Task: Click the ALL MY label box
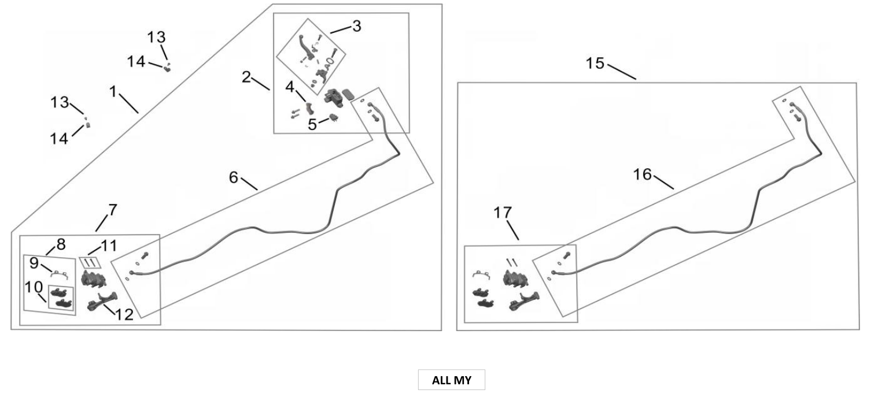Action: (451, 380)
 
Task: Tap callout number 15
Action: (595, 63)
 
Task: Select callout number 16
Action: (643, 174)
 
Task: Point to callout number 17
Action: (503, 213)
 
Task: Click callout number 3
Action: (356, 26)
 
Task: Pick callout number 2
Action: (246, 77)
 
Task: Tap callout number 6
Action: (234, 177)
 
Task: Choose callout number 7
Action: (112, 210)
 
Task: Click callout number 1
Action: (113, 92)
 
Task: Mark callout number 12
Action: (124, 314)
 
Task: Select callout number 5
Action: (312, 124)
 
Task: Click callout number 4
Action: (290, 87)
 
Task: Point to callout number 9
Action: (34, 263)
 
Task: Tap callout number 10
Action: (34, 287)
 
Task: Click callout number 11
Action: (109, 246)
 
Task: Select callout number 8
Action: (61, 244)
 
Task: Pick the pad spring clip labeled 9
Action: (59, 274)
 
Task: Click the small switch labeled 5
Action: (334, 117)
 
